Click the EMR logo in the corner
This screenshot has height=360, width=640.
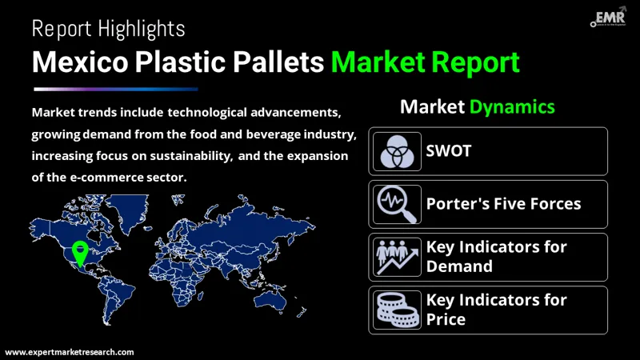click(x=608, y=17)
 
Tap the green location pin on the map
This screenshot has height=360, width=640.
click(x=80, y=253)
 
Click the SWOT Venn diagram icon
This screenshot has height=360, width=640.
click(x=397, y=151)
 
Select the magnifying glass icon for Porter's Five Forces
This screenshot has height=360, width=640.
click(x=397, y=204)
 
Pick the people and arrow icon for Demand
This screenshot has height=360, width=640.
click(x=397, y=257)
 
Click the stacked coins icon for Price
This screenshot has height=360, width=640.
click(x=397, y=310)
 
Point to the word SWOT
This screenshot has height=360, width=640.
click(x=449, y=151)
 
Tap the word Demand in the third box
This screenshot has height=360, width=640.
click(x=459, y=266)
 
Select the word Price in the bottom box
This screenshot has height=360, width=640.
click(x=446, y=319)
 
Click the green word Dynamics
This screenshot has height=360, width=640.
click(x=512, y=107)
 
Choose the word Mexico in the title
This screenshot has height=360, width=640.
click(x=80, y=62)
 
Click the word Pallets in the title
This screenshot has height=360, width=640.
click(x=278, y=62)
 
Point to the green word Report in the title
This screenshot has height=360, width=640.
click(x=475, y=62)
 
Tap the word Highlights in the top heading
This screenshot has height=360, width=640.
click(x=142, y=29)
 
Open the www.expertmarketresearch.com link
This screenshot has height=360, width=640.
click(x=70, y=352)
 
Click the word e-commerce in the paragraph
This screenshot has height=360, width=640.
click(x=107, y=177)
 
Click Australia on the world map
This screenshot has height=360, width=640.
click(x=270, y=301)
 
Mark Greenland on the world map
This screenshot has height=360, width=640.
click(x=127, y=211)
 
